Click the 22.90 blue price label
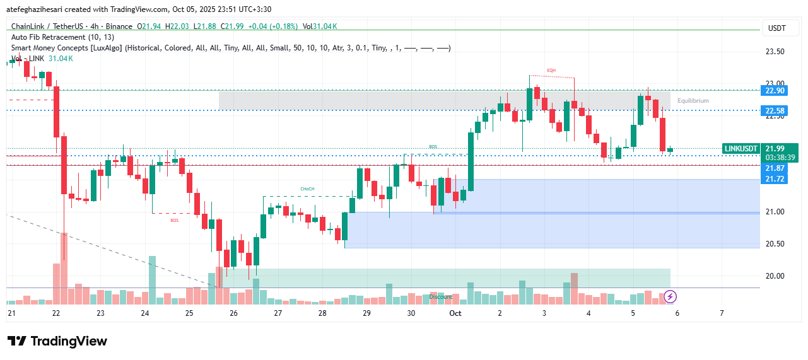775,91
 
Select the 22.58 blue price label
775,112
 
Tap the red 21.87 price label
775,168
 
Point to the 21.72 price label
775,180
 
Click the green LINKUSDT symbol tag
741,149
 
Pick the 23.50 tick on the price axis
775,52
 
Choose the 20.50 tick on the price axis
775,244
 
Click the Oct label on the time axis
455,313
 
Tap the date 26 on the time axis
233,313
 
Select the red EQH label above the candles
551,70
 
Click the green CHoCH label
307,189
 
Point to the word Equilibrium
693,101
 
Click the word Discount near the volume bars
441,296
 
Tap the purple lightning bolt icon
670,296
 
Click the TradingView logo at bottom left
57,341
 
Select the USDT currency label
776,28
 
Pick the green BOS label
433,147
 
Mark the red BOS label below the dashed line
174,220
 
